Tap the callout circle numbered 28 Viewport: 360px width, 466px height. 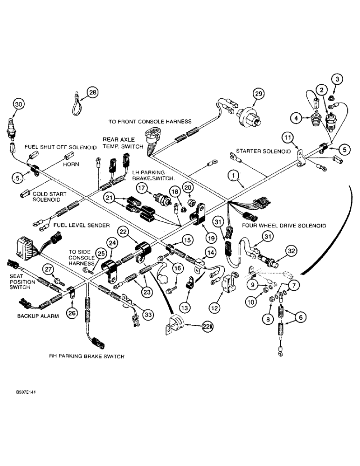[93, 93]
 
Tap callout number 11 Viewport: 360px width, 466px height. [288, 137]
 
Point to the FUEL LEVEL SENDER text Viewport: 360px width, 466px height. [81, 225]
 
